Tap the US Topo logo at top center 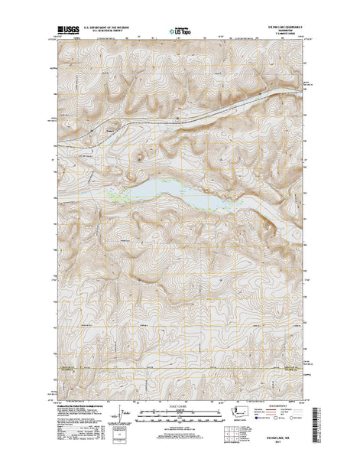(181, 33)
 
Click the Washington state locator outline (250, 414)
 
